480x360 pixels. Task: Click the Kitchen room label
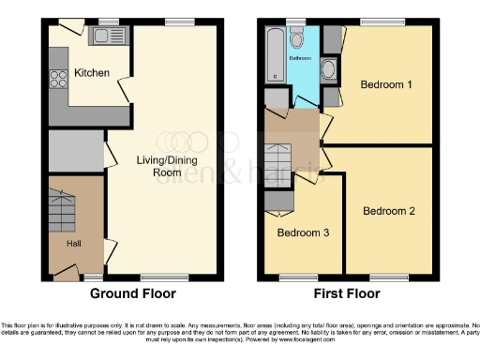click(x=92, y=73)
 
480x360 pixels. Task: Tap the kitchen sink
click(x=102, y=37)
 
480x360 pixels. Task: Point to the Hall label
click(x=73, y=243)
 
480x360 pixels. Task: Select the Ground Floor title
click(x=132, y=292)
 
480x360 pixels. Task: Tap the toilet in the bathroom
click(x=297, y=38)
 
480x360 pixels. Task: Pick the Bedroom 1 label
click(x=386, y=85)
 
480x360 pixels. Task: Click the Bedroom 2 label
click(x=389, y=211)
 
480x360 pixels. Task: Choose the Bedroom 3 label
click(x=302, y=232)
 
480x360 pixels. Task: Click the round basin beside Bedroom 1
click(x=329, y=69)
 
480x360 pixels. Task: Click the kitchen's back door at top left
click(x=62, y=32)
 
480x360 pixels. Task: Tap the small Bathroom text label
click(x=299, y=57)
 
